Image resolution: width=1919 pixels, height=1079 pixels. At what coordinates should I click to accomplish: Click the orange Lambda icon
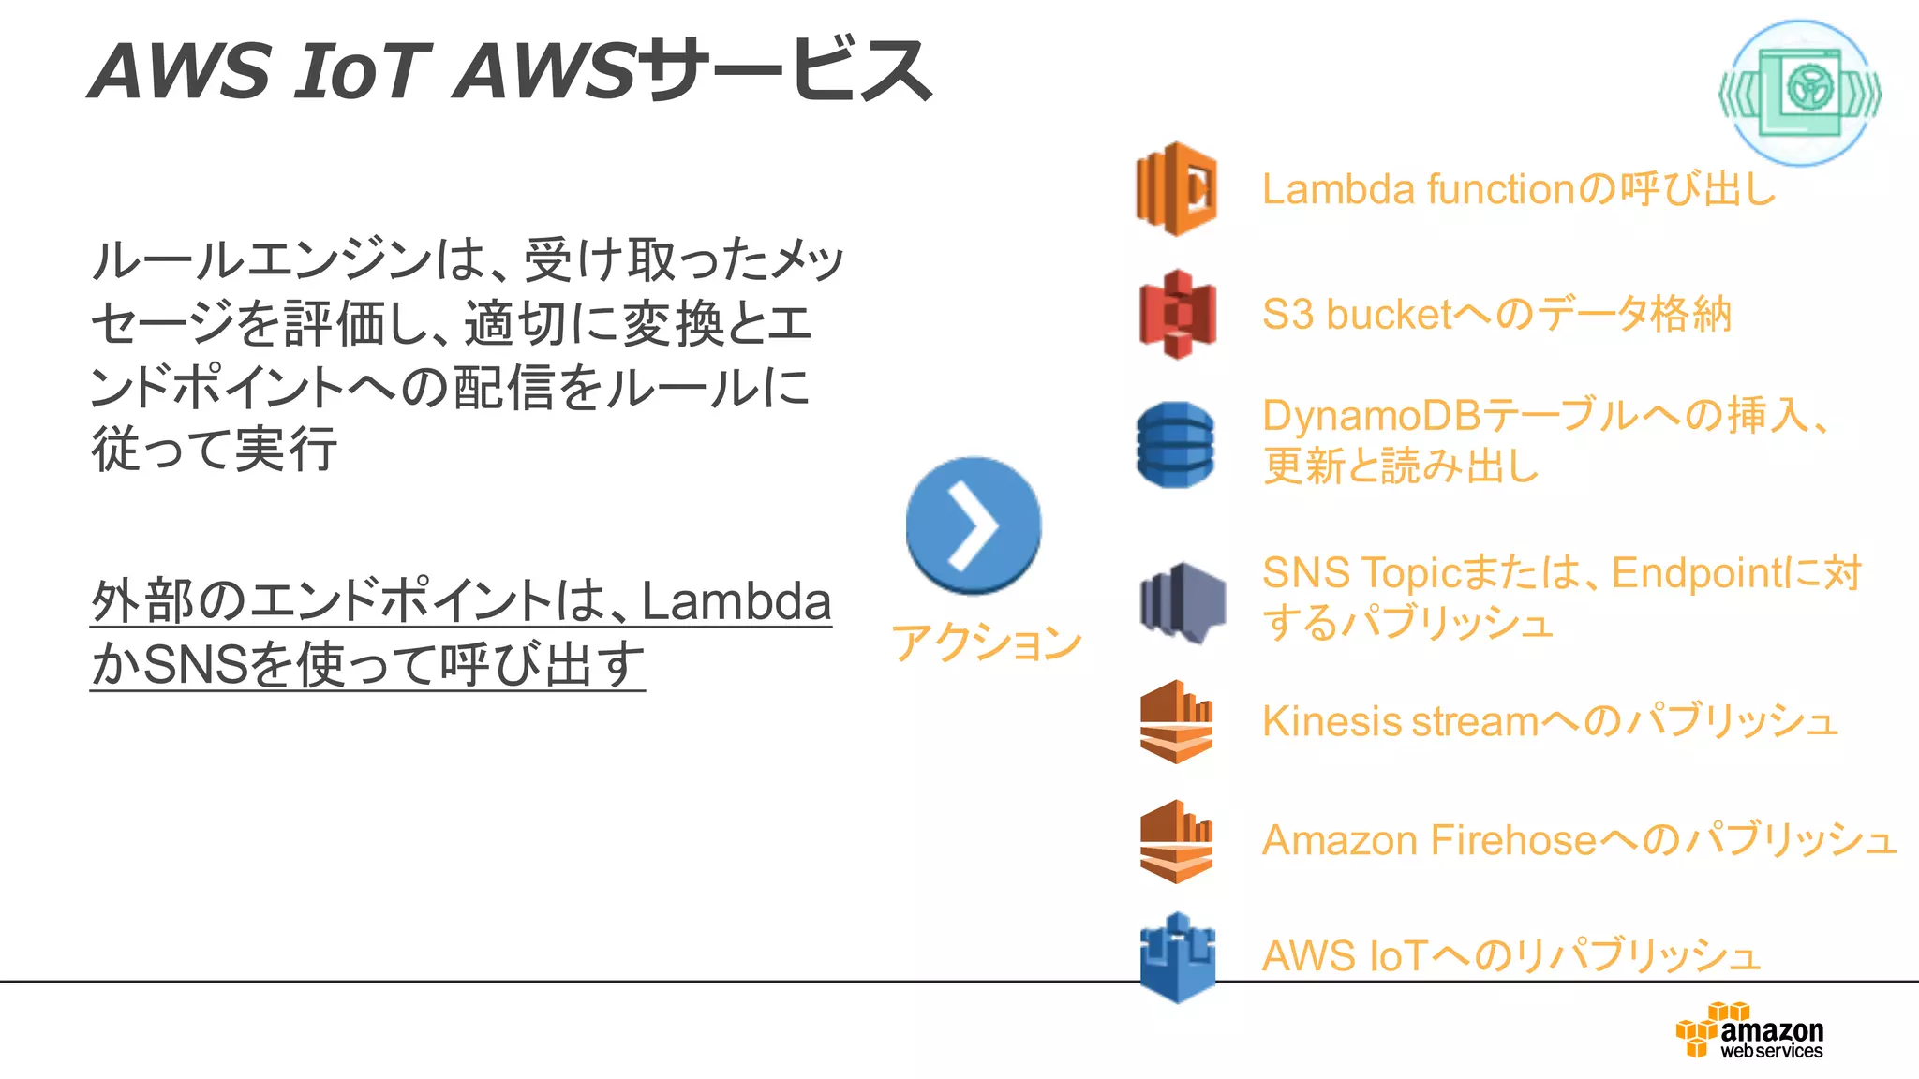tap(1176, 188)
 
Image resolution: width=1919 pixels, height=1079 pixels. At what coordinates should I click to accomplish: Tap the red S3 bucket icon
tap(1177, 315)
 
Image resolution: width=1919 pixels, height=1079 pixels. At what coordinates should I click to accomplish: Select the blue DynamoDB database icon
tap(1175, 445)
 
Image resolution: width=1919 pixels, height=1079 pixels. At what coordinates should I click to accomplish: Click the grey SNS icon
tap(1183, 602)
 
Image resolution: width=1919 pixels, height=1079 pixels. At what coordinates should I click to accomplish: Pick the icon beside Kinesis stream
tap(1176, 721)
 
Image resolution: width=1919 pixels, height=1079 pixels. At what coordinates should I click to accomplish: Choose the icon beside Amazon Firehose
tap(1176, 841)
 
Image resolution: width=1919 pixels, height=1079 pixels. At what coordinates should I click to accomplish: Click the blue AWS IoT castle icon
tap(1177, 957)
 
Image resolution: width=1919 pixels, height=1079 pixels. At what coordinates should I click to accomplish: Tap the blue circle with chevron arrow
tap(973, 525)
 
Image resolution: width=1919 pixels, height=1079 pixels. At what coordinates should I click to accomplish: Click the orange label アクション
tap(986, 643)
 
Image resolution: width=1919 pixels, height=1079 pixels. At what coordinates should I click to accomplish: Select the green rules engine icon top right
tap(1799, 93)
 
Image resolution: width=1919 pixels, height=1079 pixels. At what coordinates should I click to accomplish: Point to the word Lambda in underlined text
tap(736, 601)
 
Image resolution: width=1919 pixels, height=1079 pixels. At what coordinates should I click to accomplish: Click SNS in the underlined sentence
tap(196, 665)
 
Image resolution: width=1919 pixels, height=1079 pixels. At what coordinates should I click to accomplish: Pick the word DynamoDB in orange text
tap(1370, 416)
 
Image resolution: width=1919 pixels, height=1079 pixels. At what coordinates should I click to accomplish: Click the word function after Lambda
tap(1501, 189)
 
